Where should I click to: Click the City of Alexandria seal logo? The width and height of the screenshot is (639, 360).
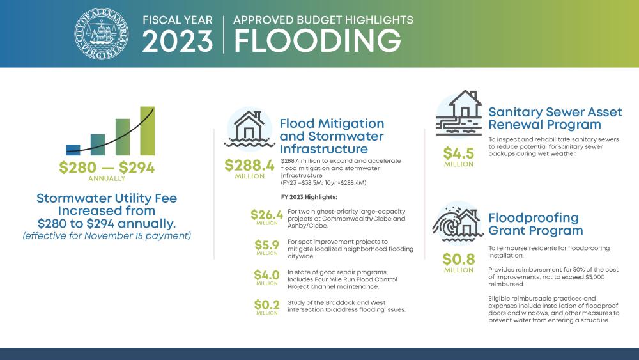pos(100,33)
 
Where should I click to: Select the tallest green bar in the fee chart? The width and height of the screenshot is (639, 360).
pos(147,130)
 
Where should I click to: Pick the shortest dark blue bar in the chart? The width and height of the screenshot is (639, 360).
pos(73,150)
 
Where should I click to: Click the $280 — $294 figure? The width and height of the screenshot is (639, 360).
pos(107,168)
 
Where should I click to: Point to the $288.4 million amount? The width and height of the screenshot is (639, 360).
pos(249,165)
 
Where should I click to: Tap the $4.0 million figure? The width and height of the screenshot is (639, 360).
pos(267,276)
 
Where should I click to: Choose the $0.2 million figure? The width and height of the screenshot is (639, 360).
pos(267,305)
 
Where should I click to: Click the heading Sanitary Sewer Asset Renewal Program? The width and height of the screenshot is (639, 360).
pos(555,118)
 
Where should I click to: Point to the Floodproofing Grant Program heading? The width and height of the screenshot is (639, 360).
pos(535,224)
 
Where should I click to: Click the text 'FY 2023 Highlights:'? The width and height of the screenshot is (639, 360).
pos(309,196)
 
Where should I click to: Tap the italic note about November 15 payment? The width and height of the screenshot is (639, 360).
pos(107,236)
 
